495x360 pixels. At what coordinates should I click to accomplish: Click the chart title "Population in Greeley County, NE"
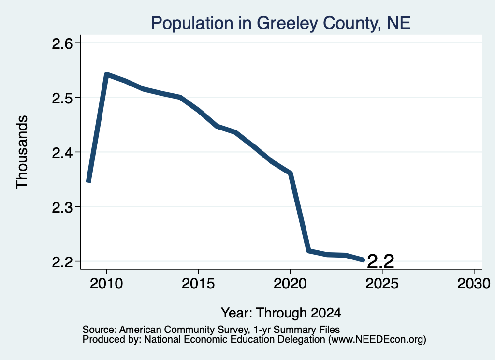[x=281, y=23]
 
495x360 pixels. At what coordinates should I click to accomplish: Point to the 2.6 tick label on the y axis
[x=62, y=43]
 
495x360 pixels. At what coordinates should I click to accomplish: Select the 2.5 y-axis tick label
[x=62, y=98]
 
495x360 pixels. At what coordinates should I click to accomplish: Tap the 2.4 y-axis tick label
[x=62, y=152]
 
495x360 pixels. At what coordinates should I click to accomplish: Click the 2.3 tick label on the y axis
[x=62, y=207]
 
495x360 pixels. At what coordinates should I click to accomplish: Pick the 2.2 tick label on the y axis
[x=62, y=262]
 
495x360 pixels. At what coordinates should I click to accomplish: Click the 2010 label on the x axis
[x=106, y=283]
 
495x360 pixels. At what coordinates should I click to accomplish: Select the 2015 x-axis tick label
[x=198, y=283]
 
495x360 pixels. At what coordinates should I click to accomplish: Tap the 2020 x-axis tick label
[x=290, y=283]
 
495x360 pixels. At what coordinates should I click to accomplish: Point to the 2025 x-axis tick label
[x=382, y=283]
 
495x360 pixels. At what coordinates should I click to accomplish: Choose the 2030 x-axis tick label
[x=474, y=283]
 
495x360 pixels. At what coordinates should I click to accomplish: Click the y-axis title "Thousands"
[x=22, y=152]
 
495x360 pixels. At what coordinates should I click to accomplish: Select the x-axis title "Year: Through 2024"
[x=281, y=313]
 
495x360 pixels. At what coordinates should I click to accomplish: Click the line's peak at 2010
[x=107, y=74]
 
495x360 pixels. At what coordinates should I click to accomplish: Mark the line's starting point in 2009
[x=89, y=182]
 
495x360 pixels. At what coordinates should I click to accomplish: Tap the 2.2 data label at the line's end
[x=381, y=261]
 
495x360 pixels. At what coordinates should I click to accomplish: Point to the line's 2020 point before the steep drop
[x=291, y=173]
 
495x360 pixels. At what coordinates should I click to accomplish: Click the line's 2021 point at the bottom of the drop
[x=309, y=251]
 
